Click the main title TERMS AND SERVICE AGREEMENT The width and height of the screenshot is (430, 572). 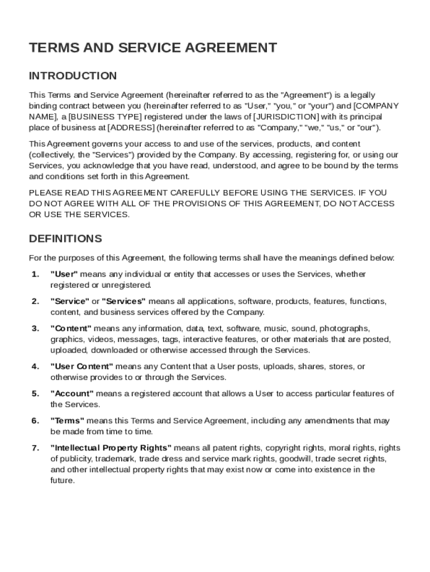coord(152,48)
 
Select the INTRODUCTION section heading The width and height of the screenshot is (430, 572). coord(73,76)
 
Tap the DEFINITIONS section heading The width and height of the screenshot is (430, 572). coord(65,239)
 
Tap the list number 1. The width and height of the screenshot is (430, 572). coord(35,274)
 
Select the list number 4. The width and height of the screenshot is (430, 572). coord(35,366)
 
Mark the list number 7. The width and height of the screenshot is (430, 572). coord(35,448)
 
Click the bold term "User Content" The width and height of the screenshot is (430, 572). coord(82,366)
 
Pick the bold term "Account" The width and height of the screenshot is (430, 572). coord(72,394)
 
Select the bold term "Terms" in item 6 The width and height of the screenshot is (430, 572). coord(68,421)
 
